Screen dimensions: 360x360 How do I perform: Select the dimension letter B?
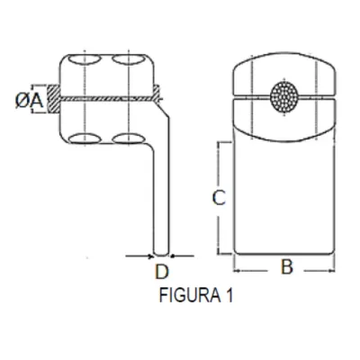(x=286, y=267)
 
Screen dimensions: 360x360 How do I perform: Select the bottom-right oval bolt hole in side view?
(x=130, y=138)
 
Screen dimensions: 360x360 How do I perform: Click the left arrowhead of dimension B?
(x=237, y=267)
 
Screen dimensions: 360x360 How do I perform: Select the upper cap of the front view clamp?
(x=284, y=74)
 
